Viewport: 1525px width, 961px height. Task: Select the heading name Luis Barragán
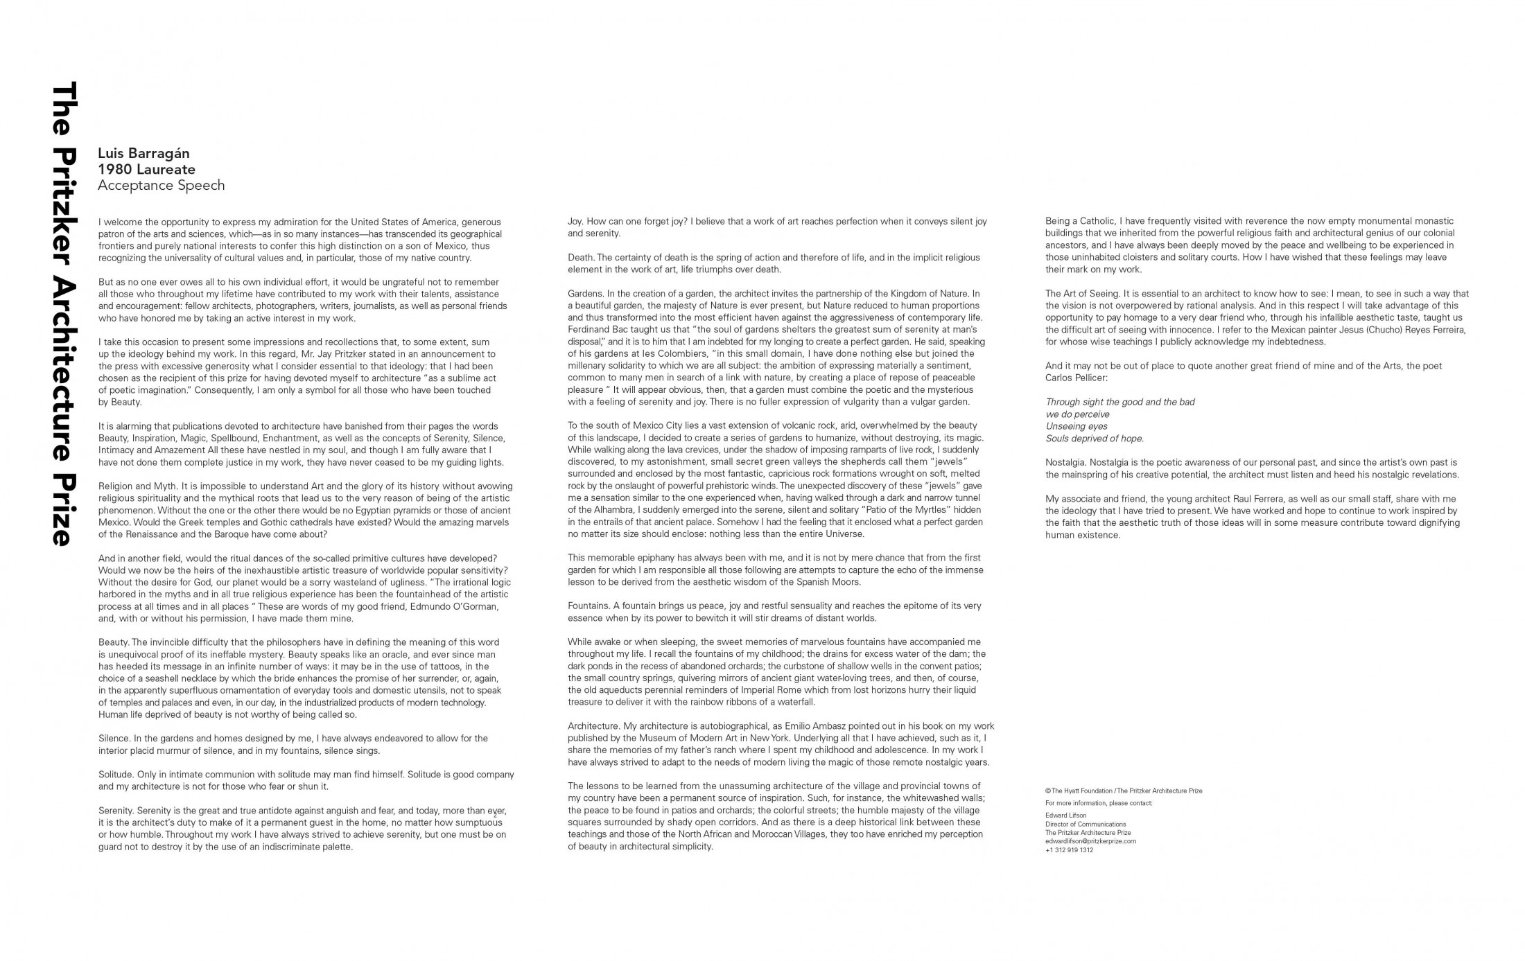(143, 153)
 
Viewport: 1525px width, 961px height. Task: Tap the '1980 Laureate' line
(146, 169)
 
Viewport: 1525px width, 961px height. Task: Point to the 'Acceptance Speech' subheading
(161, 185)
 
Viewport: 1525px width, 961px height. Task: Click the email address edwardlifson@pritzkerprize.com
(1090, 841)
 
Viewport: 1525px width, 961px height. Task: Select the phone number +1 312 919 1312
(1069, 850)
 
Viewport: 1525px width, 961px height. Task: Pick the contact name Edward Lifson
(1065, 815)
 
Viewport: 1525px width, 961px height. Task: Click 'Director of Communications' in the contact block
(1086, 825)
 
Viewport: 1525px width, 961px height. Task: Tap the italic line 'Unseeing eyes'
(1077, 426)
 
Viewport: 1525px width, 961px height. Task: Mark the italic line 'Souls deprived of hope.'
(1095, 439)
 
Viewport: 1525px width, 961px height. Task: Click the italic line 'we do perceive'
(1077, 414)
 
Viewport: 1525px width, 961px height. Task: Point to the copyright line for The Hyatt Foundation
(1123, 791)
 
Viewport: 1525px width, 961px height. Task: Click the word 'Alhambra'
(607, 510)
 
